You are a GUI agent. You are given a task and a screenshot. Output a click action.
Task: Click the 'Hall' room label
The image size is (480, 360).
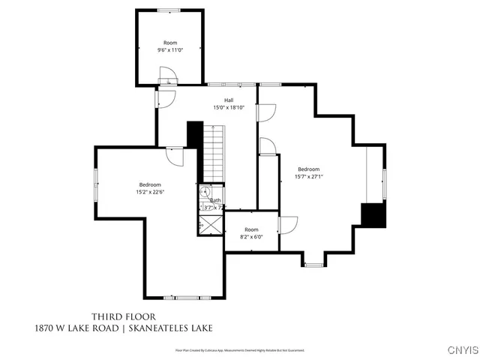[x=228, y=100]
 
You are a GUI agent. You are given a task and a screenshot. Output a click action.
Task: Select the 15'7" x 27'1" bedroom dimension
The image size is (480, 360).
[x=308, y=177]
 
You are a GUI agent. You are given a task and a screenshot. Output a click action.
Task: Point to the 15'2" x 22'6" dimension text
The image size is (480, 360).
[x=150, y=192]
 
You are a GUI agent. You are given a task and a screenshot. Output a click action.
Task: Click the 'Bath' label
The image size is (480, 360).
[x=215, y=200]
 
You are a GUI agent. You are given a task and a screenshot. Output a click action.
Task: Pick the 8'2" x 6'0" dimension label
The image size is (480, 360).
[x=251, y=237]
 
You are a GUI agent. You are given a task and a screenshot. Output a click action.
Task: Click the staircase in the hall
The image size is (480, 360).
[x=214, y=153]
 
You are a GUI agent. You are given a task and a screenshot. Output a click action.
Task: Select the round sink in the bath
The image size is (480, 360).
[x=203, y=192]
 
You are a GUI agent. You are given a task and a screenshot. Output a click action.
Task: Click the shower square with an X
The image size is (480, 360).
[x=211, y=224]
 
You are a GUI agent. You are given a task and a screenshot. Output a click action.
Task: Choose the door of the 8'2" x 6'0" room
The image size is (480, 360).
[x=287, y=223]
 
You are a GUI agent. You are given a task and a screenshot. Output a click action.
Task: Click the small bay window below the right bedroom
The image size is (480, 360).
[x=314, y=264]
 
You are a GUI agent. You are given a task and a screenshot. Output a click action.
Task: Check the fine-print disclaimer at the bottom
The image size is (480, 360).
[x=240, y=350]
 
